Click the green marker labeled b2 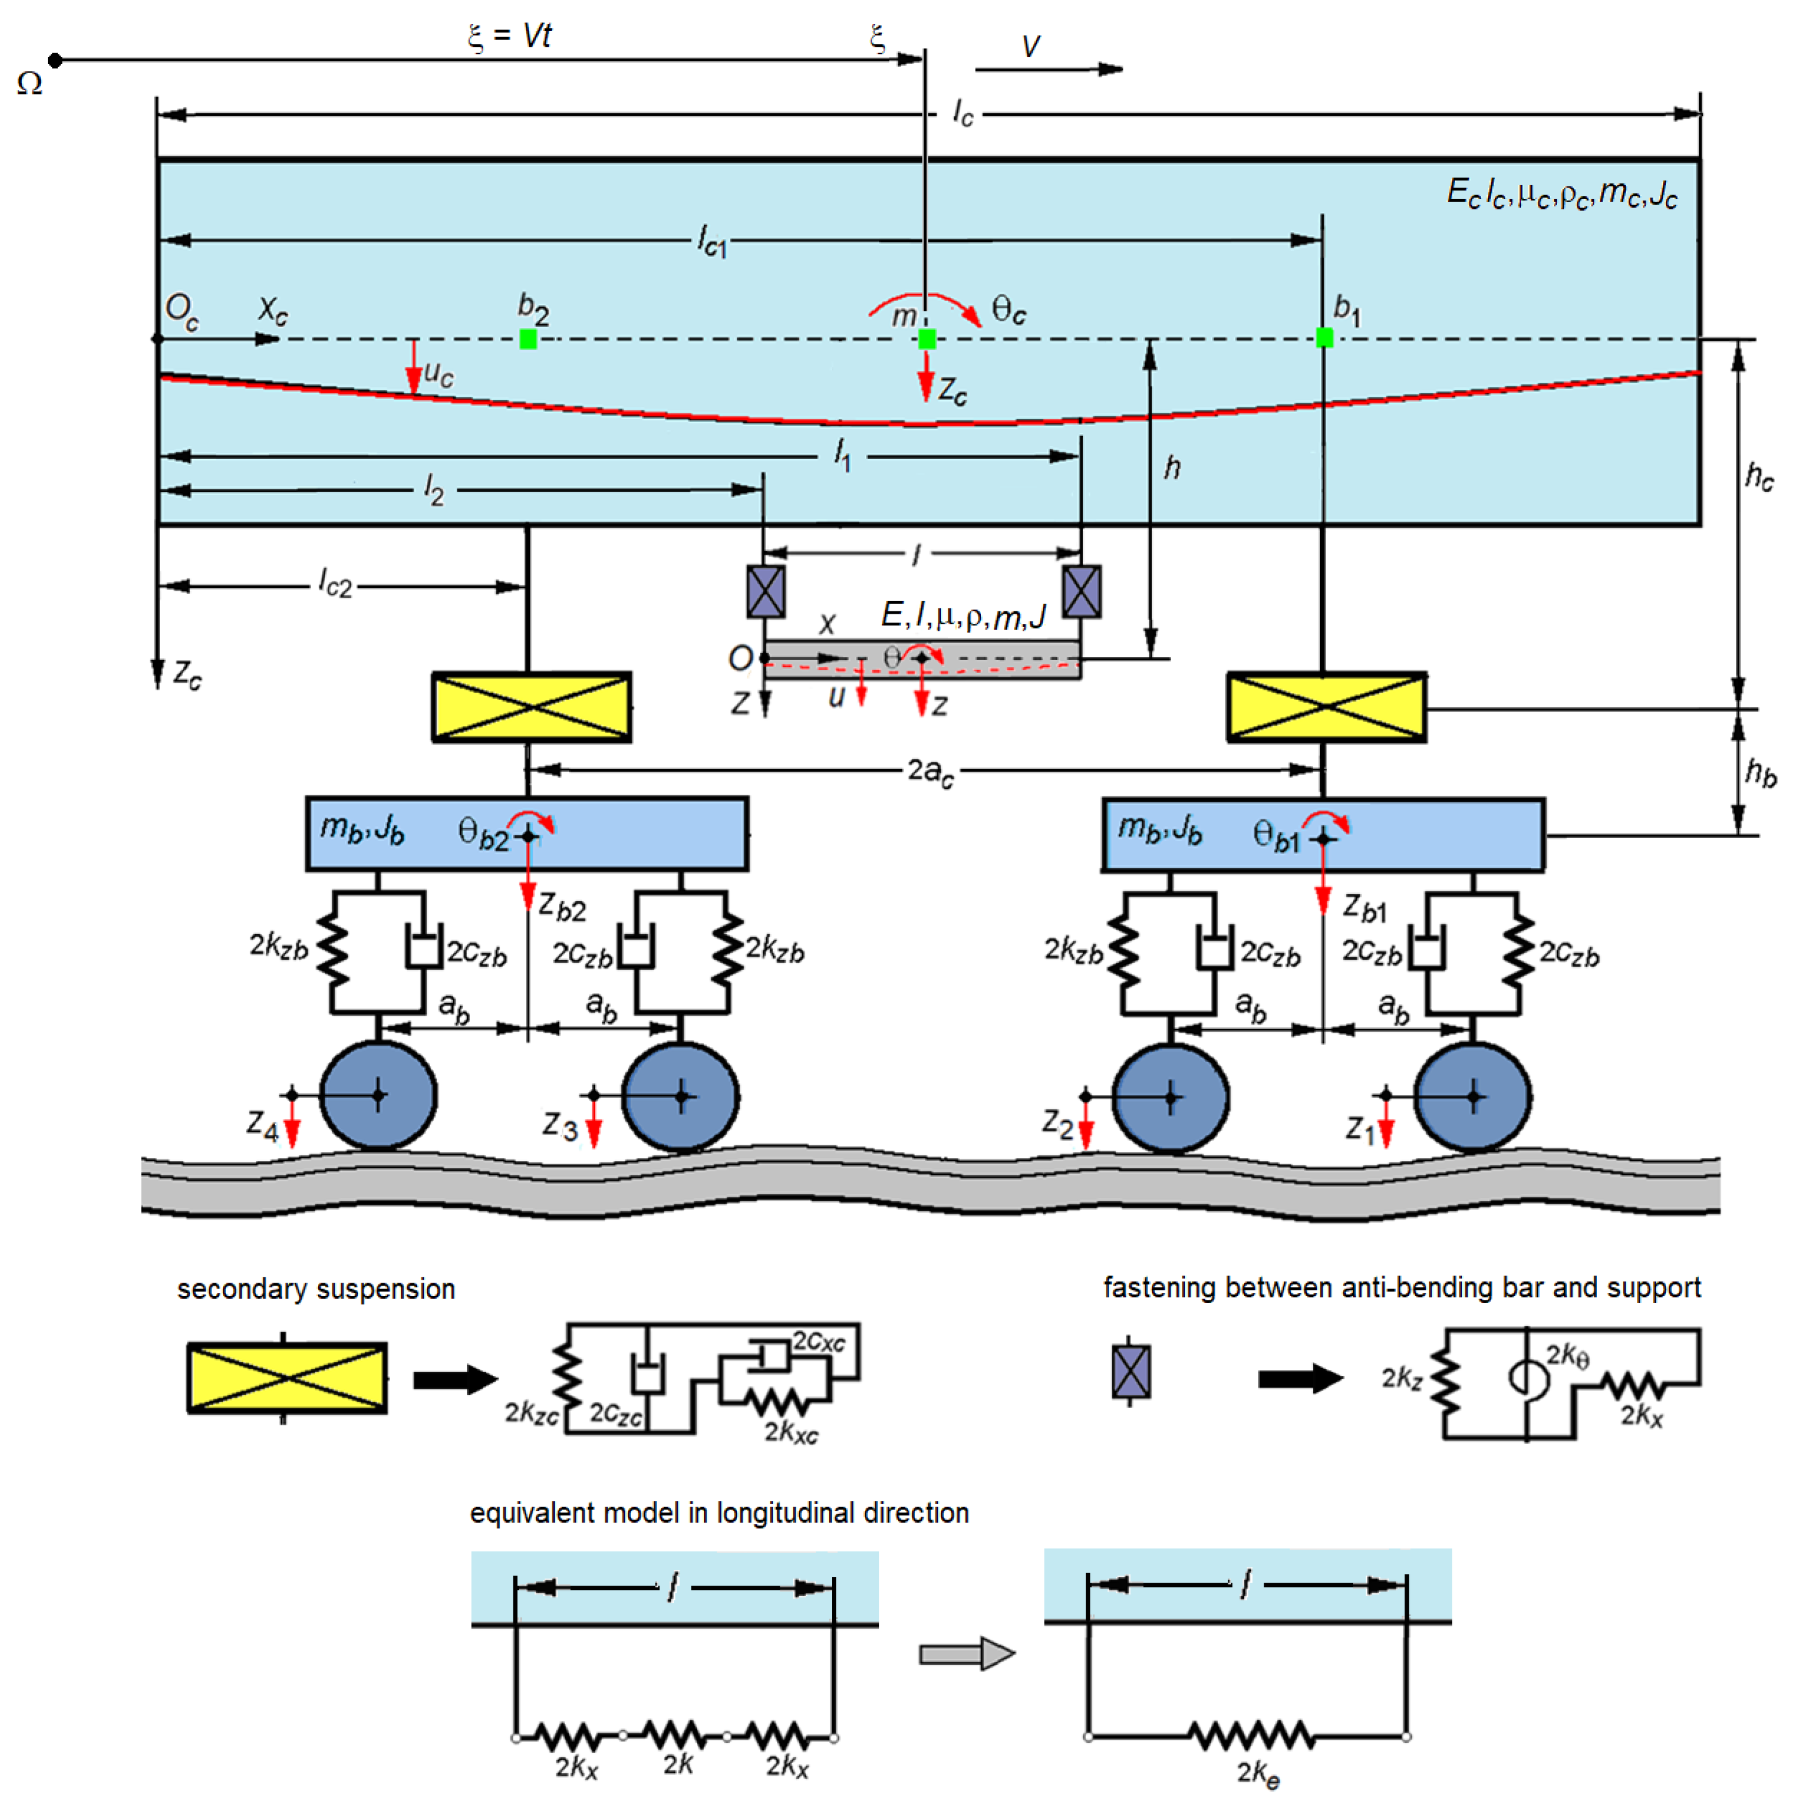(x=528, y=339)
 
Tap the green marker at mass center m (x=926, y=339)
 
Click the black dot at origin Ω (x=55, y=61)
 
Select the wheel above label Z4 (x=378, y=1095)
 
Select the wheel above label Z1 (x=1472, y=1096)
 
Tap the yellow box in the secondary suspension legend (x=287, y=1377)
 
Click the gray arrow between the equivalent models (x=965, y=1654)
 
